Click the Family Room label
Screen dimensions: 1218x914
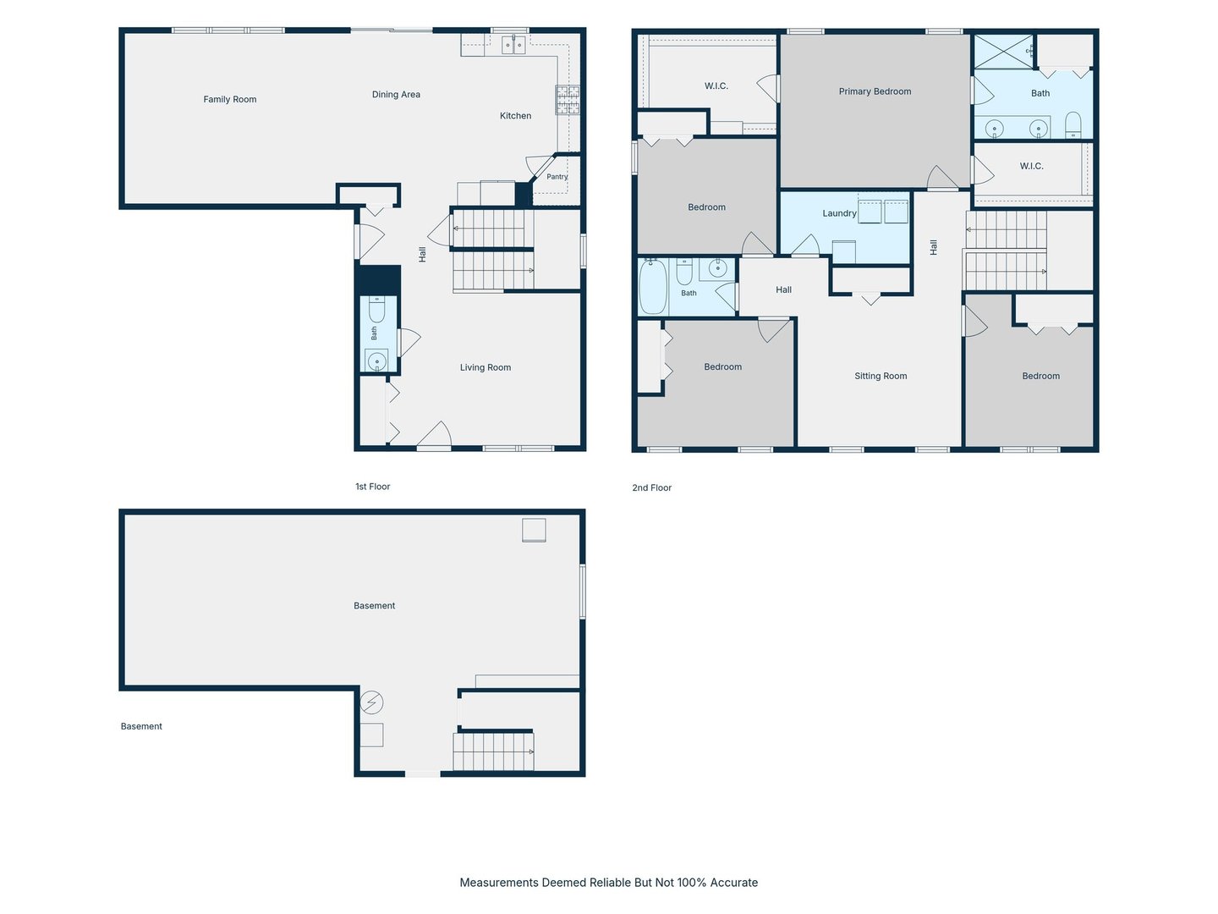pyautogui.click(x=230, y=99)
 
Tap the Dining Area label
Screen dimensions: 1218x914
pyautogui.click(x=396, y=94)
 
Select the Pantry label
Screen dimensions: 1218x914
pyautogui.click(x=557, y=177)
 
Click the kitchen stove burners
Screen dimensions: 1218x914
pyautogui.click(x=568, y=100)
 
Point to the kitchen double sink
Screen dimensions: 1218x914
pyautogui.click(x=513, y=45)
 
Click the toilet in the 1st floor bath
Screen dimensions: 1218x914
pyautogui.click(x=376, y=309)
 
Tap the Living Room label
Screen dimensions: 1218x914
pyautogui.click(x=485, y=367)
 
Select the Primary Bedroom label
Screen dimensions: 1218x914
pyautogui.click(x=875, y=91)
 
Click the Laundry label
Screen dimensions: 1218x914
pyautogui.click(x=839, y=213)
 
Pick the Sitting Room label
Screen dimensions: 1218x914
pyautogui.click(x=881, y=376)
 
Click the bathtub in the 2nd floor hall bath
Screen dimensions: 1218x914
pyautogui.click(x=653, y=287)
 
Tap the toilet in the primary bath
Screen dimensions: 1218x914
pyautogui.click(x=1073, y=125)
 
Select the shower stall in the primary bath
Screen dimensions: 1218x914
pyautogui.click(x=1003, y=52)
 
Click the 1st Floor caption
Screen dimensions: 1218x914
pyautogui.click(x=372, y=487)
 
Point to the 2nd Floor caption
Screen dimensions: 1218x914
pyautogui.click(x=651, y=487)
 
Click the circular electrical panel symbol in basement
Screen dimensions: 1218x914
pyautogui.click(x=371, y=702)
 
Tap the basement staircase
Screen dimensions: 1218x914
pyautogui.click(x=493, y=752)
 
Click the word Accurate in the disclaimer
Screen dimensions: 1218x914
pyautogui.click(x=733, y=883)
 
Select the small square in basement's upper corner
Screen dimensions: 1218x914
pyautogui.click(x=534, y=531)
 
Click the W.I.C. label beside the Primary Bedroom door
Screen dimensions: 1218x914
pyautogui.click(x=1031, y=166)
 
